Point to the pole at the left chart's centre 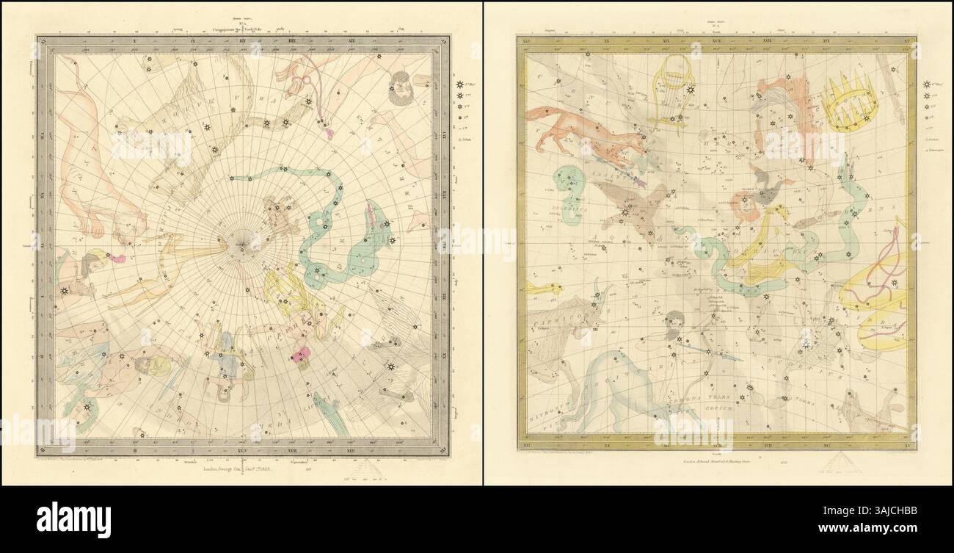tap(241, 245)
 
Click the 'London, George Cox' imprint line tap(223, 467)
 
